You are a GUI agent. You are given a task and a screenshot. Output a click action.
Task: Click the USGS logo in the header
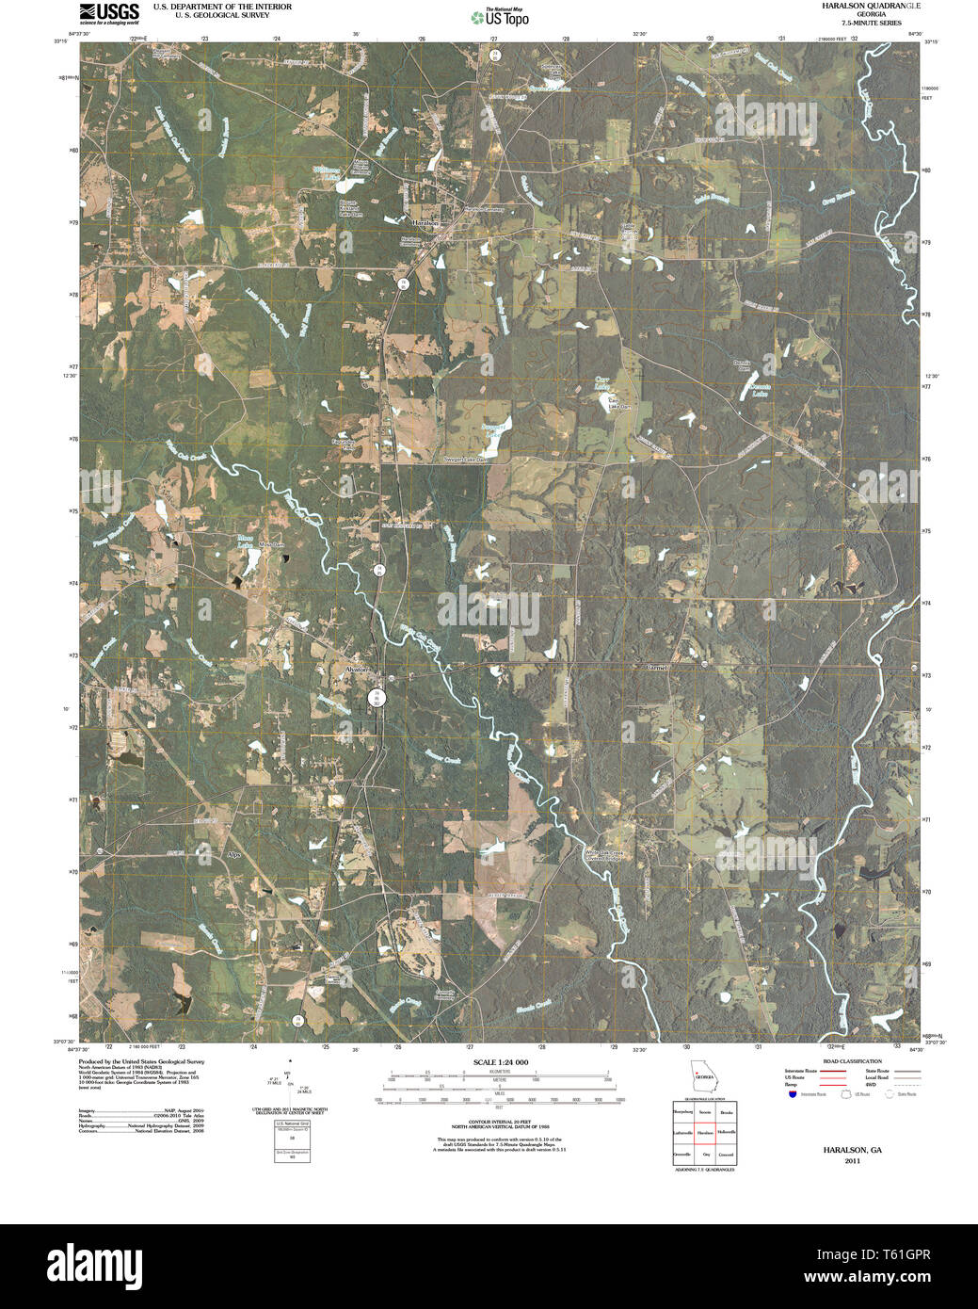coord(108,12)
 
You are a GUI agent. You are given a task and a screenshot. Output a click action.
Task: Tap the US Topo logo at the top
coord(500,16)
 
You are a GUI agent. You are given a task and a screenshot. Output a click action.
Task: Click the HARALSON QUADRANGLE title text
coord(858,6)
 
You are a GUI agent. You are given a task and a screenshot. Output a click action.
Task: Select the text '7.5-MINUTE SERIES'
coord(858,22)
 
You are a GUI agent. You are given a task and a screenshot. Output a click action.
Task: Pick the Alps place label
coord(234,854)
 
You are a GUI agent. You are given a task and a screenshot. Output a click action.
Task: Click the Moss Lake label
coord(244,541)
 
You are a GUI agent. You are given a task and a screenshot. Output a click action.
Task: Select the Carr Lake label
coord(602,383)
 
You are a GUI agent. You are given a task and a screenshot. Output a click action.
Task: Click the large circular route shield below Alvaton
coord(377,697)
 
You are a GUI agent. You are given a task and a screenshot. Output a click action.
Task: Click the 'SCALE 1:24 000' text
coord(501,1062)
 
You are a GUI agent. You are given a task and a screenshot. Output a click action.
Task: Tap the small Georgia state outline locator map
coord(702,1075)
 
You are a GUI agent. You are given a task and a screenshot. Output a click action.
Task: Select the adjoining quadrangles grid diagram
coord(703,1133)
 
